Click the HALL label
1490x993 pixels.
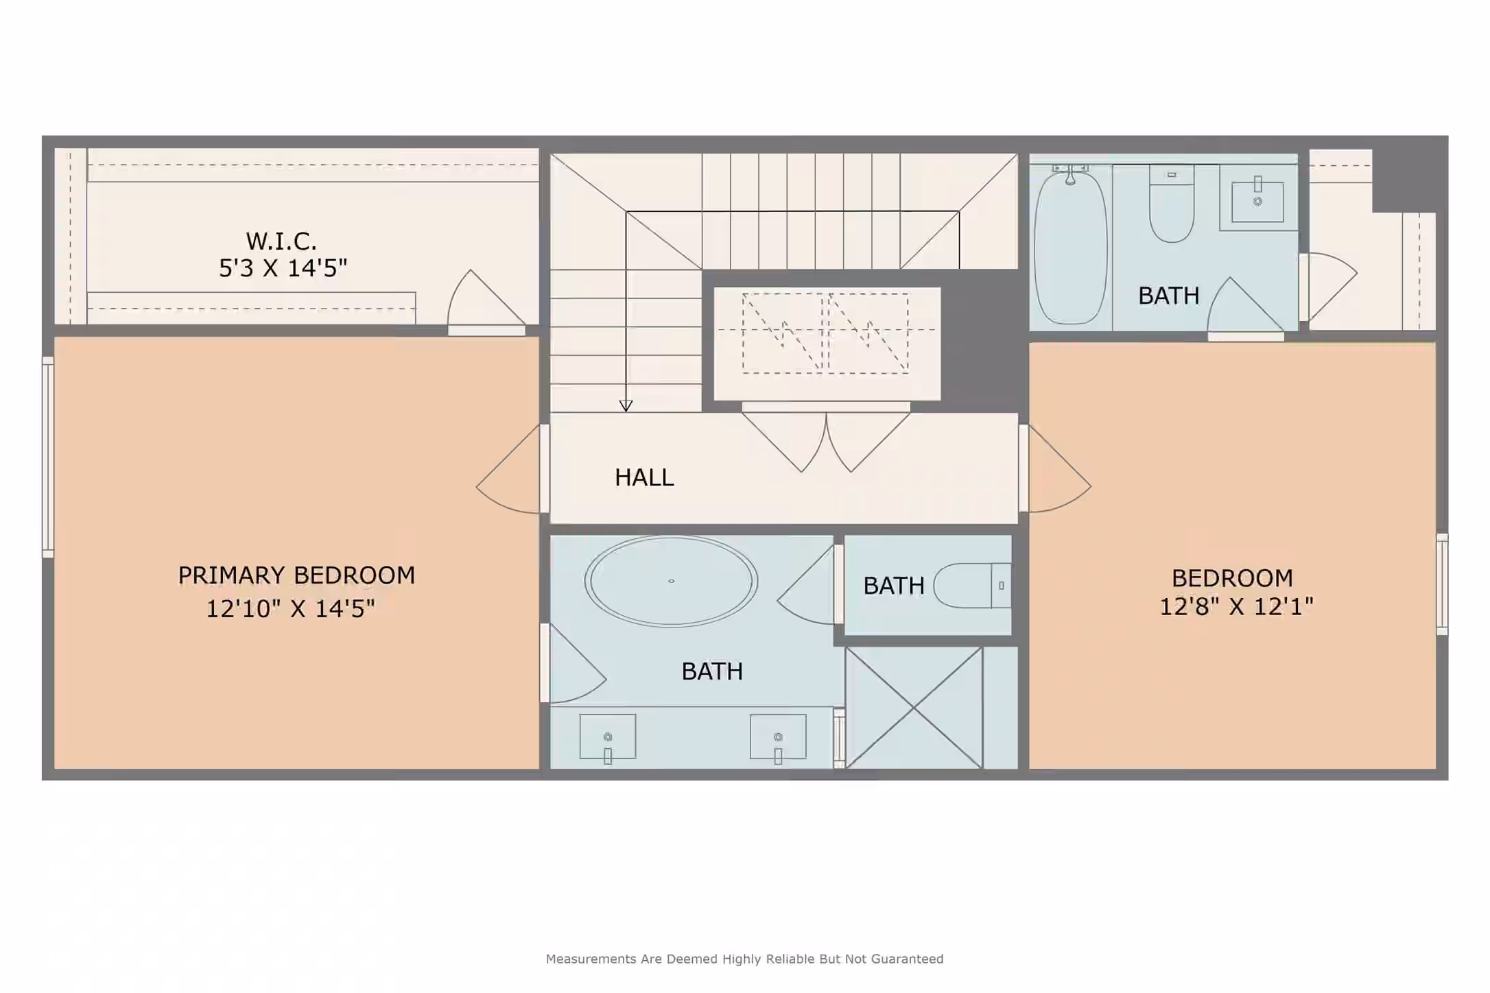tap(644, 477)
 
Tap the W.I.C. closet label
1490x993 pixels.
tap(281, 241)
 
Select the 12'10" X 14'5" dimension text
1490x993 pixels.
tap(290, 608)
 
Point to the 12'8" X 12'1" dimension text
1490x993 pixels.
tap(1236, 606)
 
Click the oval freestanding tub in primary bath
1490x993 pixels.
tap(671, 581)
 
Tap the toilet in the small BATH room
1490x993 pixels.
tap(972, 586)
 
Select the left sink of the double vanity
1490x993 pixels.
tap(608, 739)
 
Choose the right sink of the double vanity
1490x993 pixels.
tap(778, 739)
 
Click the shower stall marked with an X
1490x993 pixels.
tap(914, 708)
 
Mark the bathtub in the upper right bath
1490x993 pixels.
tap(1070, 247)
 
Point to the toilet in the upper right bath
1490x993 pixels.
tap(1172, 204)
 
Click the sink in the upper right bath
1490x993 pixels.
tap(1257, 199)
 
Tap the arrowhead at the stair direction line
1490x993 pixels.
tap(626, 406)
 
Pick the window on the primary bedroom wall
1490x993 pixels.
tap(48, 457)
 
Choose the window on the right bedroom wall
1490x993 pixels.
tap(1442, 584)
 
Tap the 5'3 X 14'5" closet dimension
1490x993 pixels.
tap(283, 268)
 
